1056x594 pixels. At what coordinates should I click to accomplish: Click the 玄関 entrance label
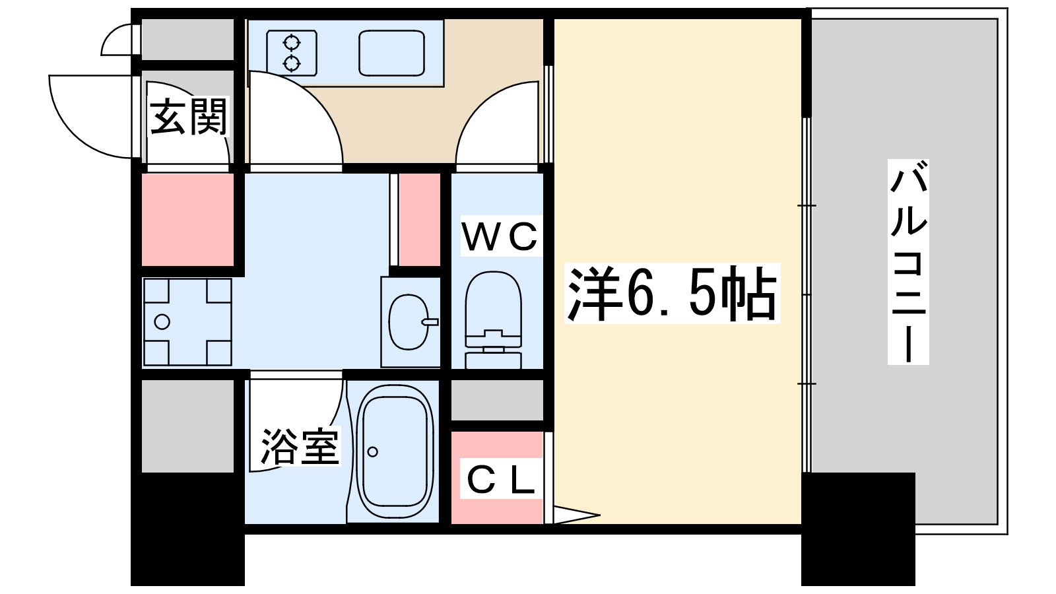[x=188, y=117]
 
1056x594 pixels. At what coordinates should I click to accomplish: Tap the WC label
[x=500, y=236]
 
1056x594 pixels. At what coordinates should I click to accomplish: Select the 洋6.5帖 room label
[x=672, y=294]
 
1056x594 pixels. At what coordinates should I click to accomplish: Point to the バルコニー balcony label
[x=908, y=262]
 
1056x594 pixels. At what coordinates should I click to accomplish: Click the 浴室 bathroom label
[x=299, y=447]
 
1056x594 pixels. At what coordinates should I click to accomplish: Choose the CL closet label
[x=500, y=480]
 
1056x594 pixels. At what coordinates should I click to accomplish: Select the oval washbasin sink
[x=409, y=322]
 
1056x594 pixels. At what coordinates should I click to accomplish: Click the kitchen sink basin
[x=391, y=53]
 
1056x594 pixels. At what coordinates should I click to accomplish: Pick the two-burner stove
[x=292, y=53]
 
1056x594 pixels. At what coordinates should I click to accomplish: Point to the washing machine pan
[x=187, y=322]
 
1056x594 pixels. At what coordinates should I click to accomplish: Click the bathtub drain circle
[x=373, y=452]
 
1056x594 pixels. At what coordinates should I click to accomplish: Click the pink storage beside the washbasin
[x=419, y=219]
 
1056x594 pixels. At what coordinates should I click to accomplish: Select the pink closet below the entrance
[x=188, y=220]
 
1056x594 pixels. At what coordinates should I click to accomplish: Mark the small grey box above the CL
[x=497, y=399]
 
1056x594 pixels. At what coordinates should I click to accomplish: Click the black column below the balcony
[x=858, y=528]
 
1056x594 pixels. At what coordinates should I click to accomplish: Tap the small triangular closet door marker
[x=574, y=515]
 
